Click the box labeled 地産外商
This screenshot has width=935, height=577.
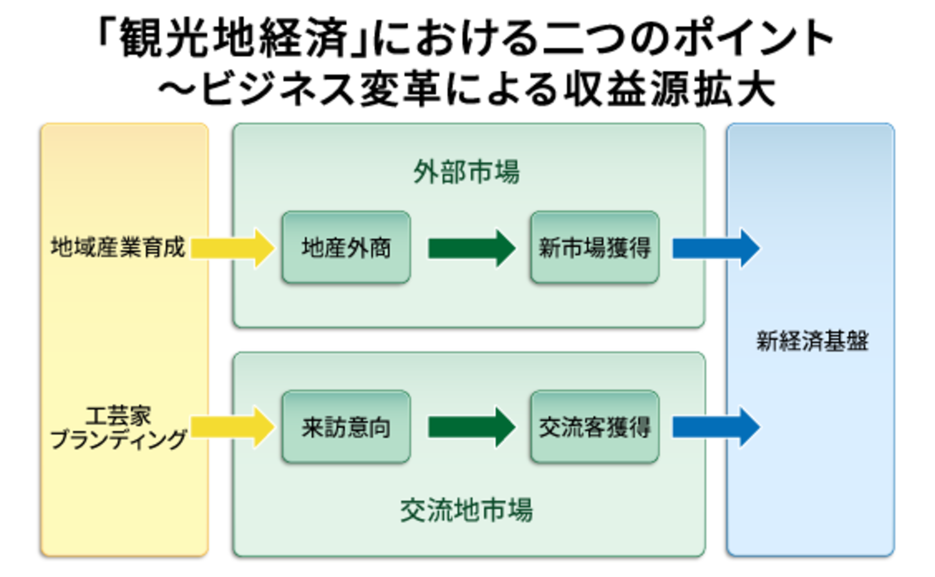coord(346,247)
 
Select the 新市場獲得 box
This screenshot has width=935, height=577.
coord(595,247)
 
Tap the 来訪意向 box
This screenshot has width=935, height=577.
coord(346,427)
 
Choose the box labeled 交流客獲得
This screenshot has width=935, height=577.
coord(595,427)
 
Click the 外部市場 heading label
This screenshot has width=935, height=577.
coord(466,172)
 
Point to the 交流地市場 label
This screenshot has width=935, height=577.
coord(466,510)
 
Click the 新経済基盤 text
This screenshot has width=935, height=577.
coord(812,341)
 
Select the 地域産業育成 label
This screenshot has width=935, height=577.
coord(118,247)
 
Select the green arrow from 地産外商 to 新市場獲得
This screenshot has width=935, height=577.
coord(471,248)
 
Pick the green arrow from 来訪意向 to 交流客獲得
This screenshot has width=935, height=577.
coord(471,427)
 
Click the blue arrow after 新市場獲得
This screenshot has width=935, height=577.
coord(715,248)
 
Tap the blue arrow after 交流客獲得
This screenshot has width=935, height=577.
coord(715,427)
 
